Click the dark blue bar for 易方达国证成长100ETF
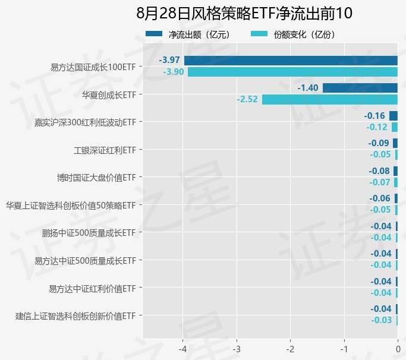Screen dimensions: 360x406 tap(291, 60)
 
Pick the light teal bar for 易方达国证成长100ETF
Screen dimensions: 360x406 tap(292, 72)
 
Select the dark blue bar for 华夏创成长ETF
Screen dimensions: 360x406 tap(360, 88)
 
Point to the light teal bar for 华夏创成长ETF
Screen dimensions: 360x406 tap(330, 99)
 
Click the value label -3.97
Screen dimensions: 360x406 tap(169, 60)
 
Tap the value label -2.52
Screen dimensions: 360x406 tap(247, 99)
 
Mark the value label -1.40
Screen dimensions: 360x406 tap(308, 88)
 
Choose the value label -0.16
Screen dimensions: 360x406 tap(375, 115)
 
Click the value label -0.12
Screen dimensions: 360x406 tap(377, 127)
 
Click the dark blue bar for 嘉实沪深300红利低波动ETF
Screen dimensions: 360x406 tap(394, 116)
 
